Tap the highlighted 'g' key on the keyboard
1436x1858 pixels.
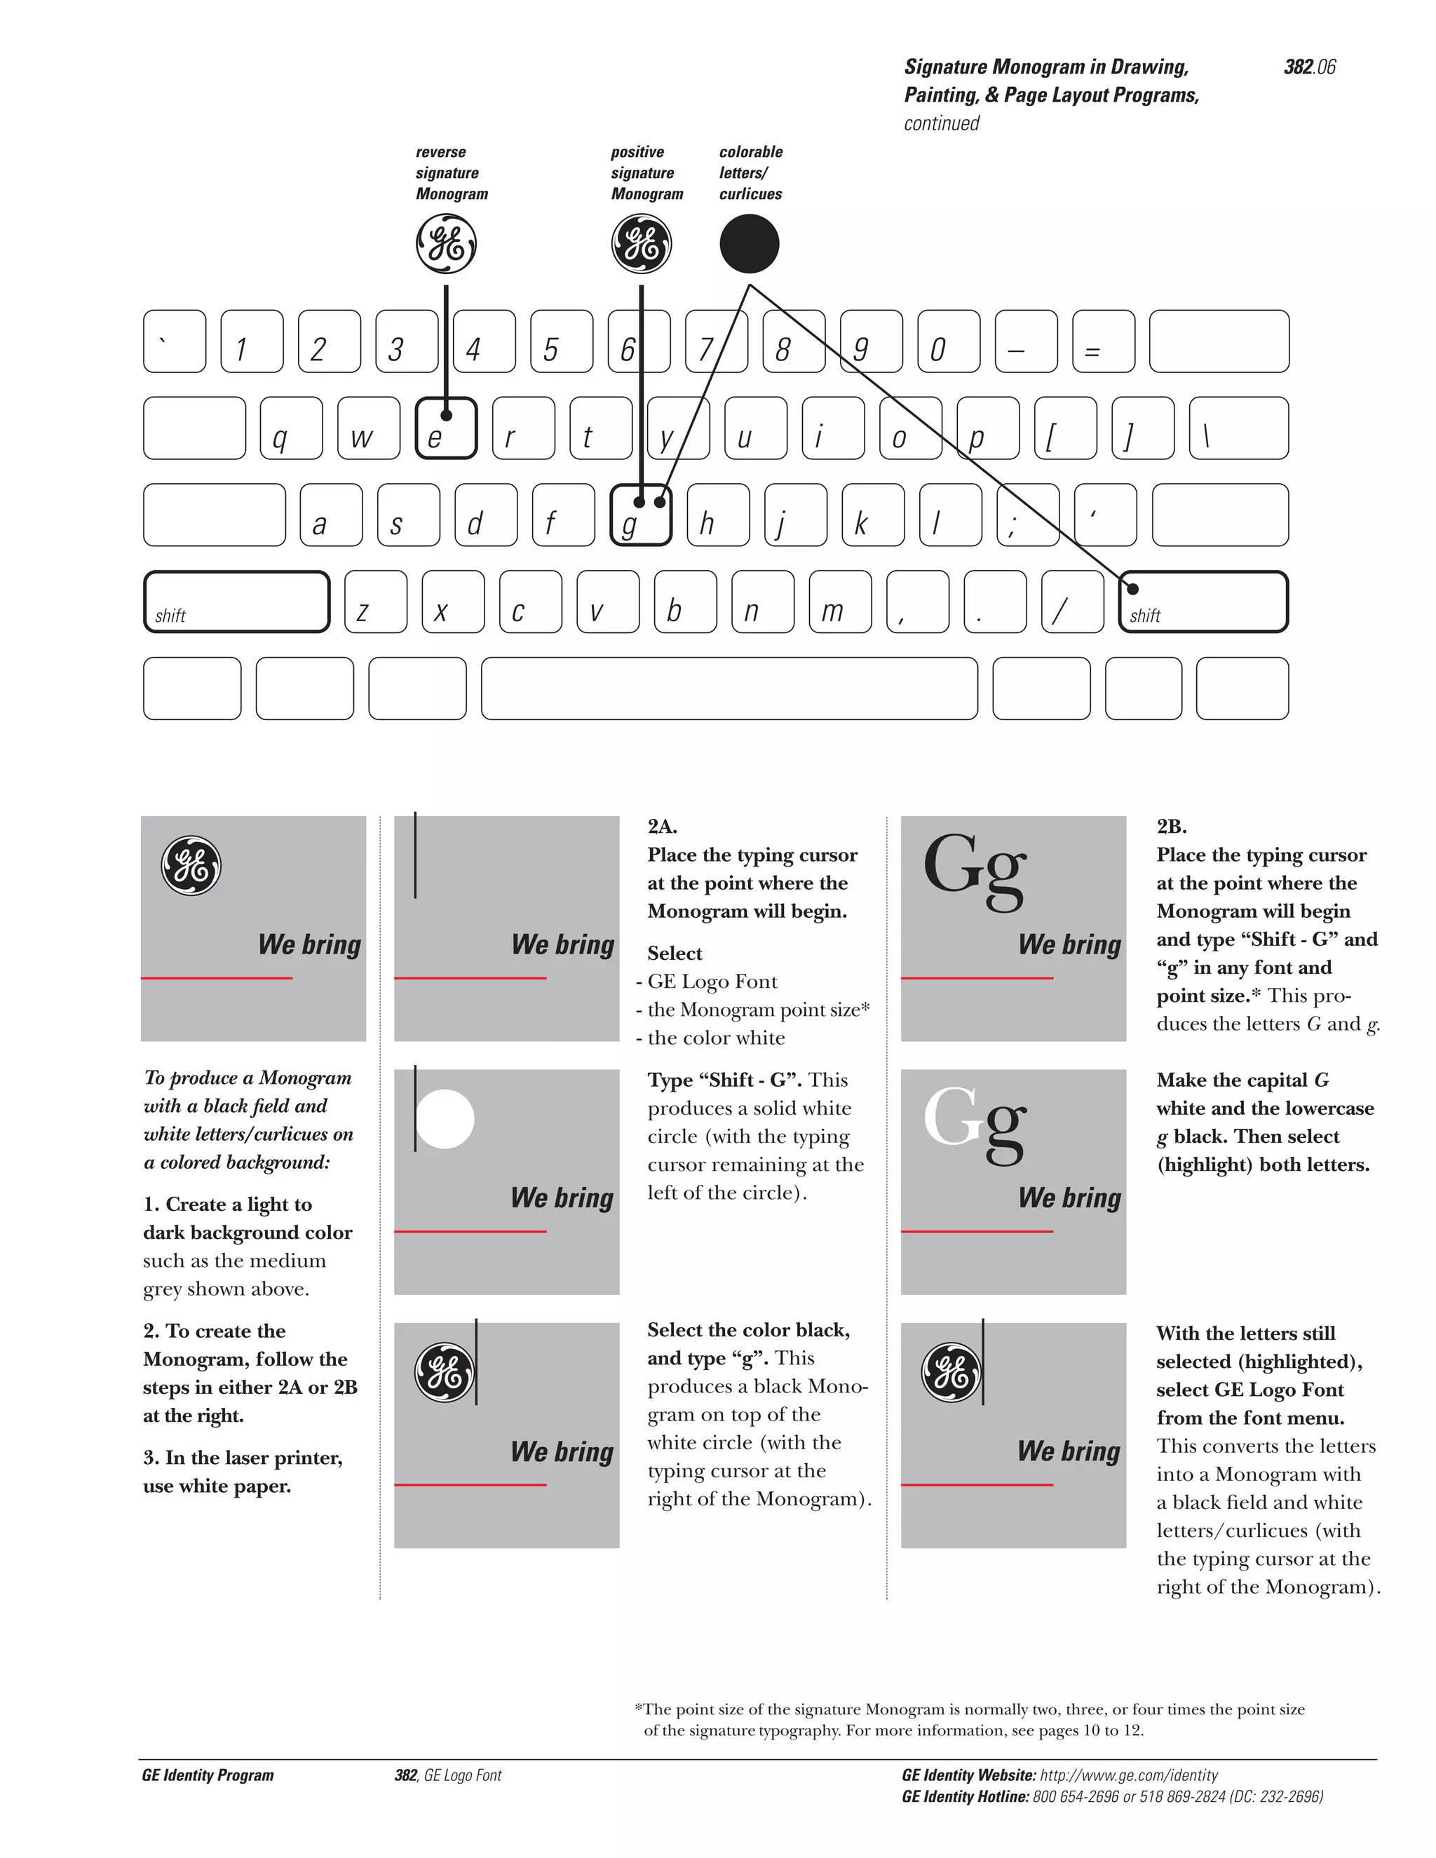(641, 515)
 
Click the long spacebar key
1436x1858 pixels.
(729, 689)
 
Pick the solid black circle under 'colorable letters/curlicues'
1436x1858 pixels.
(749, 244)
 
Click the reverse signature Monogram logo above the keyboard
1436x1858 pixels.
(446, 244)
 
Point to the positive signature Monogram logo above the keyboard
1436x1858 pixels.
(641, 244)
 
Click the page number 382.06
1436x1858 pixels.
(1309, 67)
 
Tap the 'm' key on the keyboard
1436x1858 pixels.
(839, 602)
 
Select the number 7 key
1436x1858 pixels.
(717, 342)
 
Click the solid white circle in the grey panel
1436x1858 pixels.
(445, 1119)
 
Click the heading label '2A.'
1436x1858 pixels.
(662, 826)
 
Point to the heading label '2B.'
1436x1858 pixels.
(1172, 826)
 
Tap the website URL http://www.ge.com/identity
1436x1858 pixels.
(1128, 1775)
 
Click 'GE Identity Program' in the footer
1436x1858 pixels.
(208, 1775)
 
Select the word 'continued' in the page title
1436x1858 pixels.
(941, 124)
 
